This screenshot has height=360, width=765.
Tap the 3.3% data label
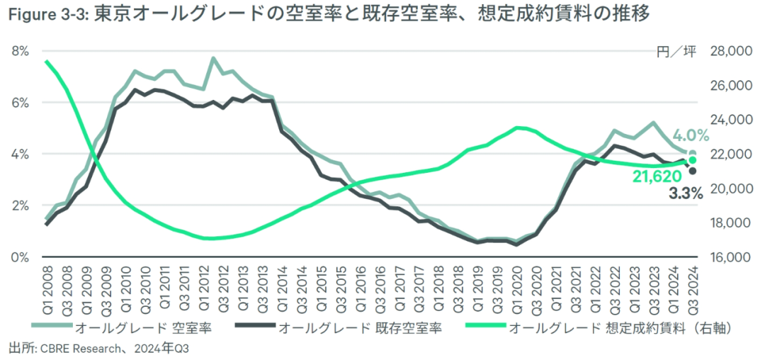[686, 192]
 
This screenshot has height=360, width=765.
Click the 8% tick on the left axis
[20, 51]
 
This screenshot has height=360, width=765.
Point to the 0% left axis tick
[20, 257]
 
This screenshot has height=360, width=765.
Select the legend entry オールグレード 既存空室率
[361, 327]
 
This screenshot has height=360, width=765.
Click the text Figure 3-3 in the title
[46, 14]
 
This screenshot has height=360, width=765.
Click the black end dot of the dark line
[692, 171]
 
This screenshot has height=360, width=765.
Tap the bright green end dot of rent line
[692, 160]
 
